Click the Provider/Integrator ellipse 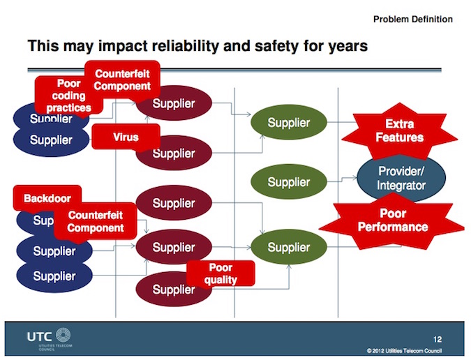point(401,178)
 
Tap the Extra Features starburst point(399,130)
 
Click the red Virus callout point(126,137)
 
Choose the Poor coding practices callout point(68,96)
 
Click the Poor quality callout point(220,273)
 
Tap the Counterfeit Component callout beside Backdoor point(96,222)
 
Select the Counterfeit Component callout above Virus point(122,80)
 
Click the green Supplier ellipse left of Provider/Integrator point(288,182)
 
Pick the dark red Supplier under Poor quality point(167,290)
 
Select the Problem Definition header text point(412,19)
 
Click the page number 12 point(438,338)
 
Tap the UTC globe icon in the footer point(63,336)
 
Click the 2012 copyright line point(404,350)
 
